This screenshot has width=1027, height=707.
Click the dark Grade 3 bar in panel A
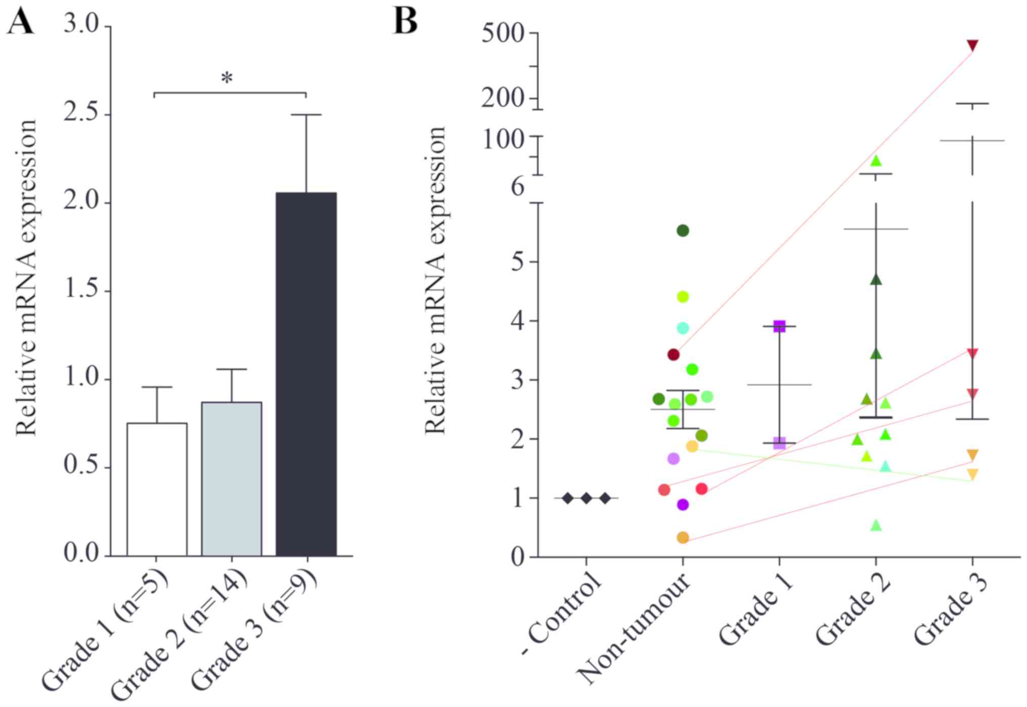coord(306,374)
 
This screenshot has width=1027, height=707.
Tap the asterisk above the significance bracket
coord(227,79)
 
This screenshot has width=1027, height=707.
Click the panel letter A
coord(20,22)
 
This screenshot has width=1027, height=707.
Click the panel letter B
coord(405,22)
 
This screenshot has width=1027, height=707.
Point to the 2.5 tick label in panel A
coord(81,113)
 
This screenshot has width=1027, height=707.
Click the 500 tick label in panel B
coord(503,34)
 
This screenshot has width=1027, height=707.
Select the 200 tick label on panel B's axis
coord(503,99)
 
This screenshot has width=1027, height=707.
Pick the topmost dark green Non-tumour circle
coord(683,231)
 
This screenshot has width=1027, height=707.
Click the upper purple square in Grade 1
coord(779,327)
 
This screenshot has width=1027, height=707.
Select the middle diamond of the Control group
coord(586,498)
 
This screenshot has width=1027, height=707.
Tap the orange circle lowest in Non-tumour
coord(683,538)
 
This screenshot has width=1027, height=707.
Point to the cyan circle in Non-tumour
coord(683,328)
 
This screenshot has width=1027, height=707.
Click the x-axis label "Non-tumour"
coord(635,630)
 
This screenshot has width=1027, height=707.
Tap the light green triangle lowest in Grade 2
coord(876,525)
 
